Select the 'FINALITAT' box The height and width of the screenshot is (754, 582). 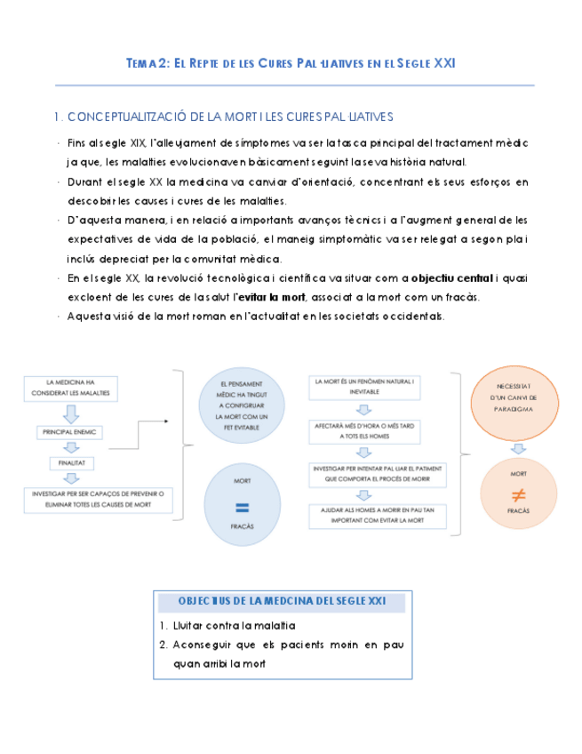72,463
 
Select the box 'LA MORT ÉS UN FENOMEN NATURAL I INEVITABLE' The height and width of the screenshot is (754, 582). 364,386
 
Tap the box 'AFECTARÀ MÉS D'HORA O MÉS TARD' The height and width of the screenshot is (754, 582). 364,431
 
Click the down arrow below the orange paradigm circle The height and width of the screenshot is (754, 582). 518,448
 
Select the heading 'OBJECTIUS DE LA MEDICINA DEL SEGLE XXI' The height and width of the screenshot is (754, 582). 282,603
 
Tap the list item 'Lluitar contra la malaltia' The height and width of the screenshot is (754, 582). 222,627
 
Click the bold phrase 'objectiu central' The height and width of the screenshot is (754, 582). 452,277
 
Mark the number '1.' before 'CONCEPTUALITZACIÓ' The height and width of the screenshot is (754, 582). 58,116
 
